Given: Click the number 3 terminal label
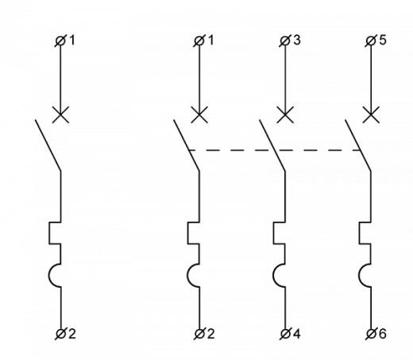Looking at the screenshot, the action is pos(297,40).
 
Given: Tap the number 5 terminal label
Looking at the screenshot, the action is pos(383,40).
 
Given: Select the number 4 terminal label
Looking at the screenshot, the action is pos(297,334).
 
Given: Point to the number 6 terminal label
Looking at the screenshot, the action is pos(383,334).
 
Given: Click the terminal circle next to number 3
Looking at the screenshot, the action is pos(285,41).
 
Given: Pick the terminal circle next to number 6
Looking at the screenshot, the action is pos(371,334).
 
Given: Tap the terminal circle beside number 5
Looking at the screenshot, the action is pos(371,41).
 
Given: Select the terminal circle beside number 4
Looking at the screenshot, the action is pos(285,334).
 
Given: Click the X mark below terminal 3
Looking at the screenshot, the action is pos(285,114).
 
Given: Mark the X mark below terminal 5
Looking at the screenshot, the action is pos(371,114).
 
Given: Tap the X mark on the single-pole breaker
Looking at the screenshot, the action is pos(60,114).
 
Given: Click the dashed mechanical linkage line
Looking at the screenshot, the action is pos(274,150).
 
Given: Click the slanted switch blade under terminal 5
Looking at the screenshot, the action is pos(358,145).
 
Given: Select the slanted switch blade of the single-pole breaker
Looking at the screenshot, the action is pos(48,145).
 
